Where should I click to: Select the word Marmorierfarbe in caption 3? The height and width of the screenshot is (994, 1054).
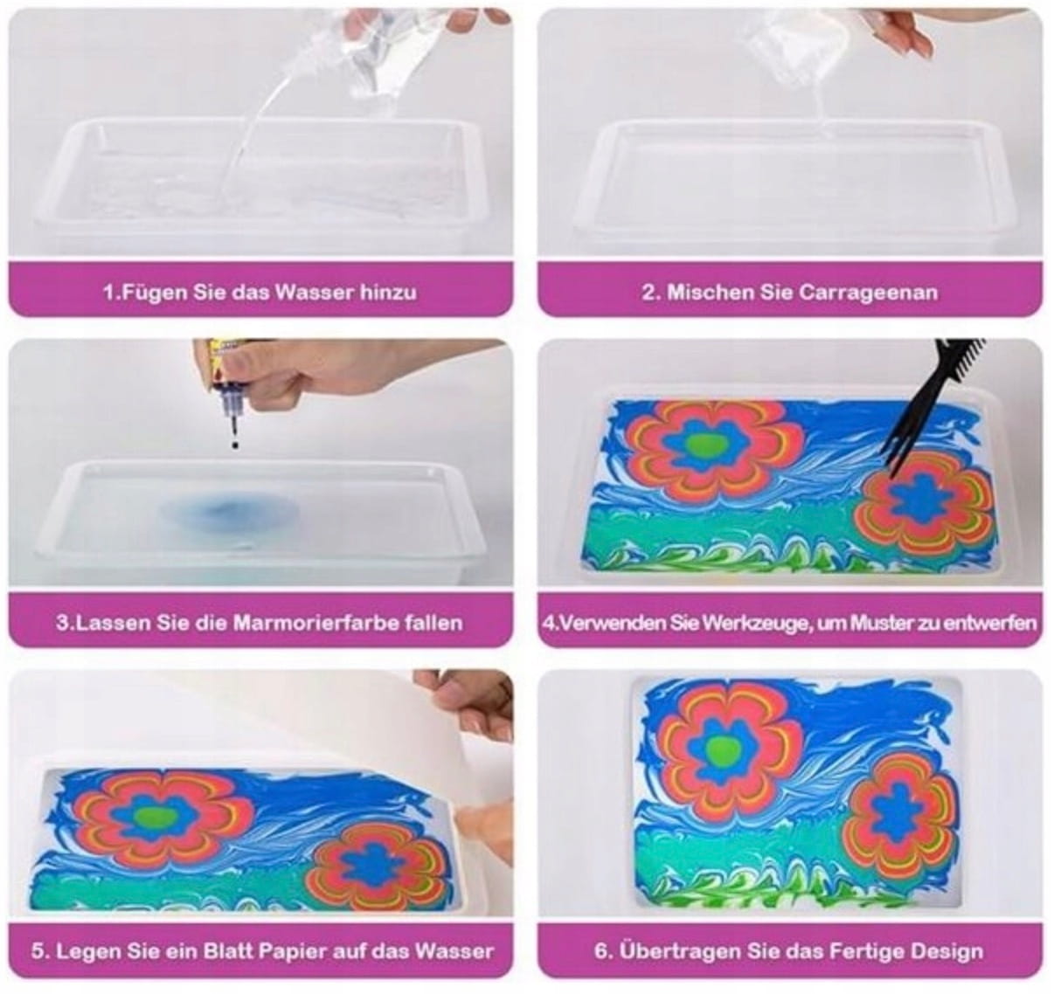[314, 622]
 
